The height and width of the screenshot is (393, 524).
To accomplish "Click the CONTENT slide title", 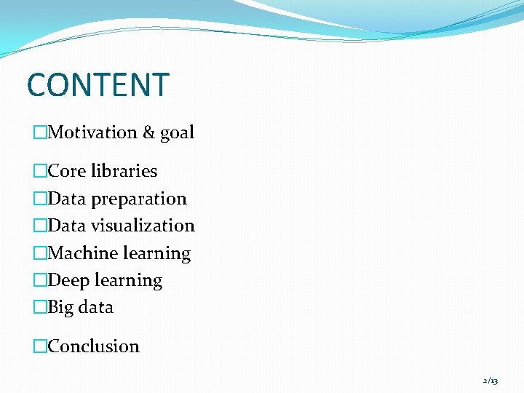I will (x=98, y=85).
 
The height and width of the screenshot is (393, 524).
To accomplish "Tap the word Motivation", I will (x=92, y=132).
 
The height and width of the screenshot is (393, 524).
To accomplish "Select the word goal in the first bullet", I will (x=178, y=133).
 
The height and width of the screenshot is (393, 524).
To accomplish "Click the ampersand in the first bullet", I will (x=149, y=132).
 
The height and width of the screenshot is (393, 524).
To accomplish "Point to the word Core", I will (x=67, y=171).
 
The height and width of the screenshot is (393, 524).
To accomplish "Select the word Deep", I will (x=68, y=280).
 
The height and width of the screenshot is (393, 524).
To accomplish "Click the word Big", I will (x=60, y=307).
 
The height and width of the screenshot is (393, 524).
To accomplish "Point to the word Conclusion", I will (x=93, y=346).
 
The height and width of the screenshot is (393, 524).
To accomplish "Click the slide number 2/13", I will (x=490, y=381).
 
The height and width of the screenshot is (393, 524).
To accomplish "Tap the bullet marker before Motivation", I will (x=40, y=132).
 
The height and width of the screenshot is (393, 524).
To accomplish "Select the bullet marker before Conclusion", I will (x=40, y=346).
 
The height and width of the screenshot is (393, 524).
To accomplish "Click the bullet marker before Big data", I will (x=40, y=307).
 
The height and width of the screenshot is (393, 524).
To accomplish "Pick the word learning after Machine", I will (x=156, y=253).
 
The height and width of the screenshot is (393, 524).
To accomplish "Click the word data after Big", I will (x=96, y=307).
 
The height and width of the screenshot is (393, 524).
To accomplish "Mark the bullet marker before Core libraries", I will (x=40, y=171).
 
